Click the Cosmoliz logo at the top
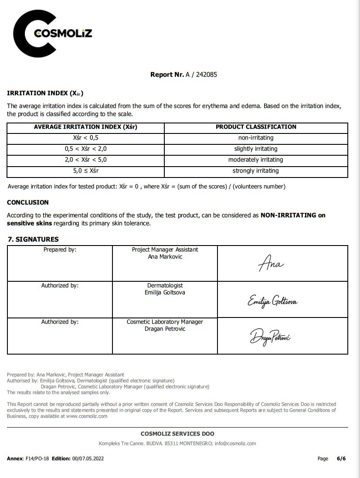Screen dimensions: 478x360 52,34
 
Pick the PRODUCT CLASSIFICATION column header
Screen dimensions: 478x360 256,127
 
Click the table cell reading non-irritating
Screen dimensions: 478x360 256,138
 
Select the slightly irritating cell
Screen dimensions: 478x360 256,149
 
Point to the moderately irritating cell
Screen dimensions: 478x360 256,160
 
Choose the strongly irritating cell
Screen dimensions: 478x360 256,171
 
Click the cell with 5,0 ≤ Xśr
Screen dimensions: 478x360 85,171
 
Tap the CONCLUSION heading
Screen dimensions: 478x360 28,202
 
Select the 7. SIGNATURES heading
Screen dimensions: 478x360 33,239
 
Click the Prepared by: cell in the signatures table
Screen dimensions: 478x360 60,249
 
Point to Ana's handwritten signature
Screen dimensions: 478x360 271,264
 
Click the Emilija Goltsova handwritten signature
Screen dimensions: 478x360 272,301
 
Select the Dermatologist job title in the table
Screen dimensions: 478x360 165,286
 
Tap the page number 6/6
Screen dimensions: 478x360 341,459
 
